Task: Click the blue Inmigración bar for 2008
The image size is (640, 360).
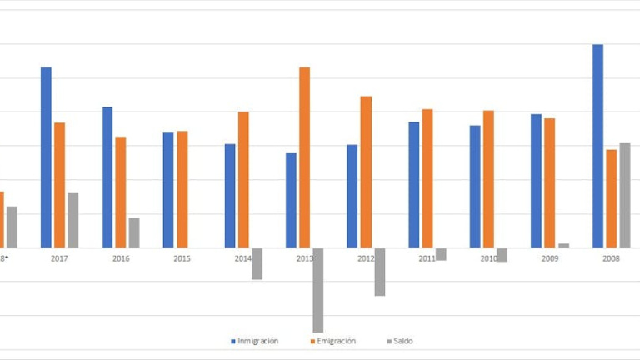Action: [597, 146]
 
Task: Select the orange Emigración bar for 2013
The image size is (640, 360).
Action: [305, 157]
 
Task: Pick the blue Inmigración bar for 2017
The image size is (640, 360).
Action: [46, 157]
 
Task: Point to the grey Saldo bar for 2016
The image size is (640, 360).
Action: [134, 232]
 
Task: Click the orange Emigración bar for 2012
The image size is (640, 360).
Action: [366, 172]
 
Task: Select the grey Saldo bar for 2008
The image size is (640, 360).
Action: [625, 195]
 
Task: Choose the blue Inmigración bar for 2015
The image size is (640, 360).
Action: [168, 189]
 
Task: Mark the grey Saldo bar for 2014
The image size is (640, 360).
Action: [257, 263]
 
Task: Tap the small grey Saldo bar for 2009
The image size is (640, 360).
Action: [564, 245]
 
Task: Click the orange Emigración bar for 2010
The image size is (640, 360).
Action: [488, 179]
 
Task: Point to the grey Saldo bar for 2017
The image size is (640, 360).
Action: [73, 220]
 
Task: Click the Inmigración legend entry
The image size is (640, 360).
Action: [257, 341]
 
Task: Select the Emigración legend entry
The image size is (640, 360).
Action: [336, 341]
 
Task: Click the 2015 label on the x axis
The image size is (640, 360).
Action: [182, 259]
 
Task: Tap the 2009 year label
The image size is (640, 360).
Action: [550, 259]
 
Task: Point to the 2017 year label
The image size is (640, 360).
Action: [59, 259]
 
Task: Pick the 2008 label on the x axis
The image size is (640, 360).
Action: [611, 259]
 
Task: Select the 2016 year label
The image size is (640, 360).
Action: [121, 259]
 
